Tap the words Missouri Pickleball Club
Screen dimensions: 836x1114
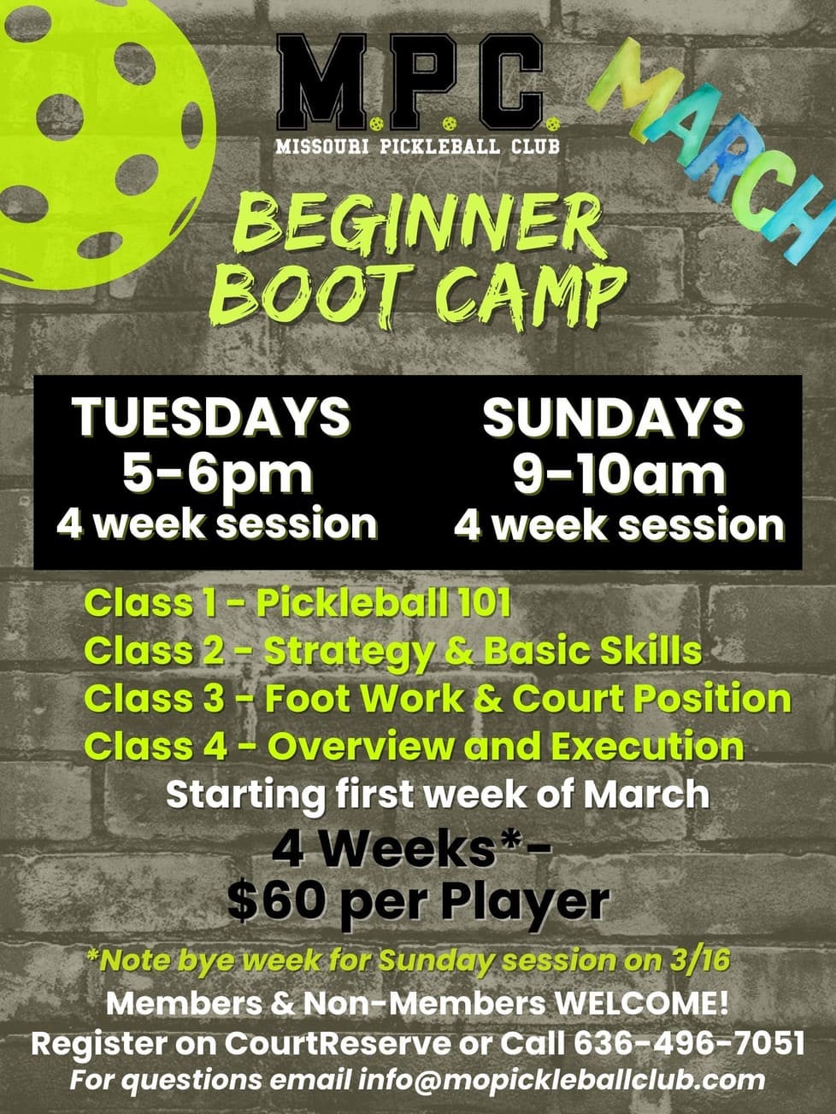pyautogui.click(x=418, y=146)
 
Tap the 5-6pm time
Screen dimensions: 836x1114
pyautogui.click(x=217, y=477)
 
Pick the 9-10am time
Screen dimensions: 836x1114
pyautogui.click(x=618, y=477)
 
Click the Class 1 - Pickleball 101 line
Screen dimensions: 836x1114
pyautogui.click(x=297, y=603)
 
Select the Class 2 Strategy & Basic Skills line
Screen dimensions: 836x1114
pyautogui.click(x=393, y=651)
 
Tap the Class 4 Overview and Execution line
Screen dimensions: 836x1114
pyautogui.click(x=415, y=746)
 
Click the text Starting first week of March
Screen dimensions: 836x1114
pyautogui.click(x=438, y=794)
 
